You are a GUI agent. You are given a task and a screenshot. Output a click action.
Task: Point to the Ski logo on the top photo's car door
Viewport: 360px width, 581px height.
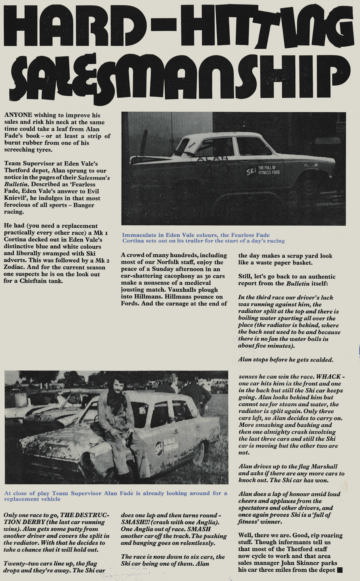tap(251, 171)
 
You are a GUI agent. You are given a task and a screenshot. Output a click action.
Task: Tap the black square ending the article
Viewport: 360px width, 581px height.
tap(339, 570)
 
